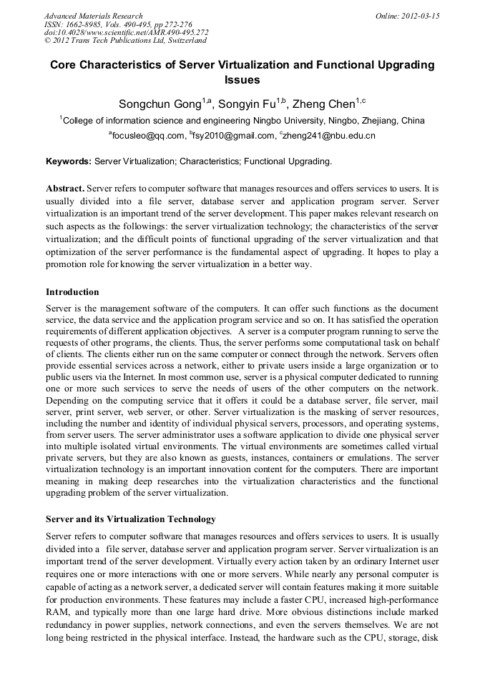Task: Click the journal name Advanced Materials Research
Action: click(x=93, y=16)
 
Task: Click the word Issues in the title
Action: click(x=242, y=80)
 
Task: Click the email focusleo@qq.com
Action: click(x=147, y=135)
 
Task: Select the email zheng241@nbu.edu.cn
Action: click(x=330, y=135)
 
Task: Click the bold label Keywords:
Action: click(x=69, y=161)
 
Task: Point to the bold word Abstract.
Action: click(x=64, y=188)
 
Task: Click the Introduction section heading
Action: click(x=72, y=292)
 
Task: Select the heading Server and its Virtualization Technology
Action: click(x=130, y=519)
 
